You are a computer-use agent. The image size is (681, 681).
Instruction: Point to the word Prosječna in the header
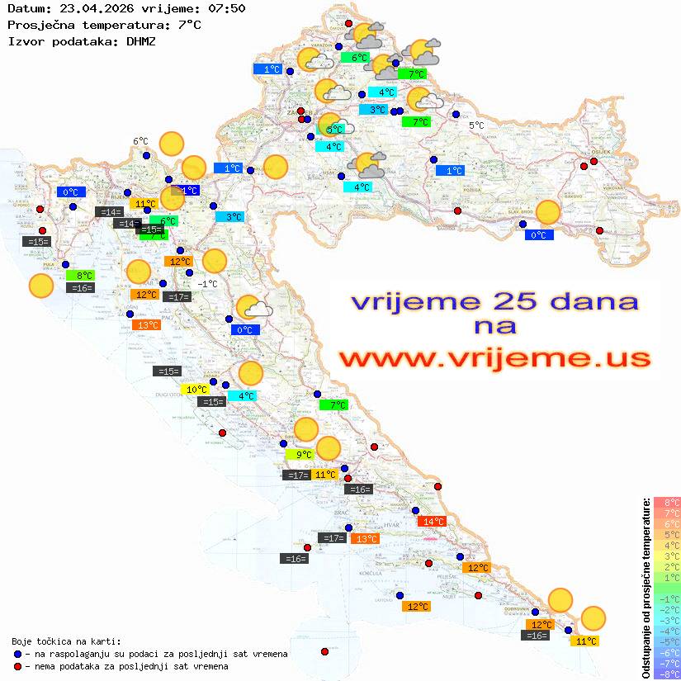[x=40, y=25]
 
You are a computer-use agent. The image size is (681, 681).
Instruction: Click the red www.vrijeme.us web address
[x=494, y=358]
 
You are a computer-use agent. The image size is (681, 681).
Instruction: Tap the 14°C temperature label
[x=432, y=522]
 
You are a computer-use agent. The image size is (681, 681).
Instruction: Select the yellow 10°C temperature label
[x=196, y=390]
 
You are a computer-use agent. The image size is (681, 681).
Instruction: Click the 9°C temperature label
[x=300, y=454]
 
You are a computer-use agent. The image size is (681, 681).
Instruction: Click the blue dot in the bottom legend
[x=17, y=654]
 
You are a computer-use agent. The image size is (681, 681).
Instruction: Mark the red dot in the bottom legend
[x=17, y=666]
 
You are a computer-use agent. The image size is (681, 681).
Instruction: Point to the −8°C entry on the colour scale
[x=667, y=674]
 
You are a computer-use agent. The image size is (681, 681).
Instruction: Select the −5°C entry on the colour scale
[x=667, y=641]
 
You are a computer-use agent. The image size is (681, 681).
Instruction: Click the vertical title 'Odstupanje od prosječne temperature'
[x=646, y=588]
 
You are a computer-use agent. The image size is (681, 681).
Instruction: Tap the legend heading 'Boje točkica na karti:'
[x=66, y=641]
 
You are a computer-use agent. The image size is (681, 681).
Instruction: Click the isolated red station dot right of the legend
[x=324, y=652]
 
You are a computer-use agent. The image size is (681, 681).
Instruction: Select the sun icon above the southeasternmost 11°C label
[x=593, y=617]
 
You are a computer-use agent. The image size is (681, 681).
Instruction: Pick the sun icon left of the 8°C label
[x=40, y=286]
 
